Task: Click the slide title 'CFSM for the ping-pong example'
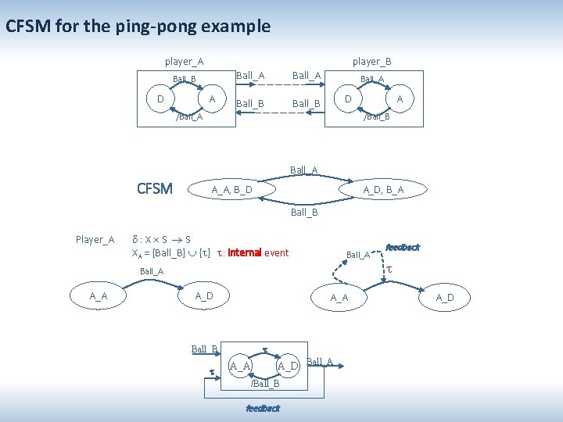[x=138, y=27]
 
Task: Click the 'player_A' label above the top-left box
[x=184, y=61]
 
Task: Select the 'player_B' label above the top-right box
[x=371, y=61]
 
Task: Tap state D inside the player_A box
[x=160, y=99]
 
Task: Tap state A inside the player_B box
[x=400, y=99]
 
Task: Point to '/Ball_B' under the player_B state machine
[x=377, y=117]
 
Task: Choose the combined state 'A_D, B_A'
[x=383, y=190]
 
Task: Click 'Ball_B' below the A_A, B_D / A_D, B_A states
[x=304, y=212]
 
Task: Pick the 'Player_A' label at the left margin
[x=95, y=239]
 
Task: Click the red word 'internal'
[x=244, y=252]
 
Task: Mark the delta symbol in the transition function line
[x=135, y=239]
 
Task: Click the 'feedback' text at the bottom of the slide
[x=263, y=408]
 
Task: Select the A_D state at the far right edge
[x=444, y=297]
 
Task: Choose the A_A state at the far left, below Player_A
[x=99, y=296]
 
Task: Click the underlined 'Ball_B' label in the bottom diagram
[x=204, y=349]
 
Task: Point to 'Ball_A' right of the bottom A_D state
[x=320, y=361]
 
